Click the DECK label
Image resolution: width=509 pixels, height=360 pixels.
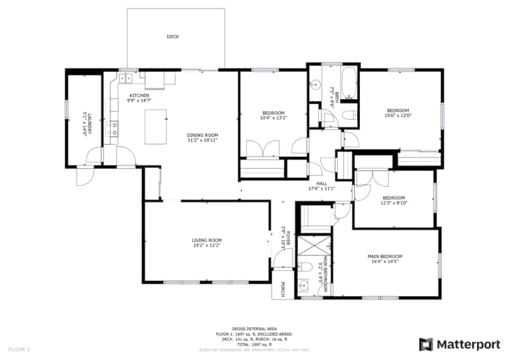(172, 36)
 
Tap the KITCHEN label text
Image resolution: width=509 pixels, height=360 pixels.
(140, 95)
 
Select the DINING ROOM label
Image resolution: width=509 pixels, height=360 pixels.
(203, 135)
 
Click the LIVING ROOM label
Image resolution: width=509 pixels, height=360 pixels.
(207, 240)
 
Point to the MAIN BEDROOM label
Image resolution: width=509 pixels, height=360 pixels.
(385, 256)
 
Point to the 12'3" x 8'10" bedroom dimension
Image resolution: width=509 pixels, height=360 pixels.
(393, 203)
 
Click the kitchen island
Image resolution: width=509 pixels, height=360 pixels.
(155, 127)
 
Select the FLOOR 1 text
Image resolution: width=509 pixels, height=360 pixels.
(19, 349)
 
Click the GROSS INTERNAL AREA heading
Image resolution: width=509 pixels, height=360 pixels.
(253, 329)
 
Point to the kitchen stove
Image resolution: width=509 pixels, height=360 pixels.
(113, 129)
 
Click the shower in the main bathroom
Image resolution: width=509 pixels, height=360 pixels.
(312, 249)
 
